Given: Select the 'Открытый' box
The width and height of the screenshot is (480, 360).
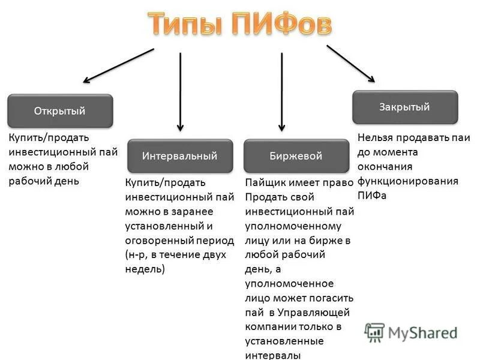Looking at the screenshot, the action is point(59,111).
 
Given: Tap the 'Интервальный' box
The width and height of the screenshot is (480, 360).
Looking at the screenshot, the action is point(180,156).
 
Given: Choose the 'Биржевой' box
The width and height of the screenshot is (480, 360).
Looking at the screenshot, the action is point(296,156).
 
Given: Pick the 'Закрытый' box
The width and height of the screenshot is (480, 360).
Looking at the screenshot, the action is point(404,107).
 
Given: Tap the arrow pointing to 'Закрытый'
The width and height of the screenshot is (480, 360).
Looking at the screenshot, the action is point(350,64).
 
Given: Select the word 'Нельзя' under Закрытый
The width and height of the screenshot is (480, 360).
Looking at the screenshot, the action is point(373,138).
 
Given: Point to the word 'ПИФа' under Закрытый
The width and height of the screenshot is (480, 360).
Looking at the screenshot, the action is point(372,195).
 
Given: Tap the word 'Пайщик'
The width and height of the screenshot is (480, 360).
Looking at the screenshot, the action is point(262,182).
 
